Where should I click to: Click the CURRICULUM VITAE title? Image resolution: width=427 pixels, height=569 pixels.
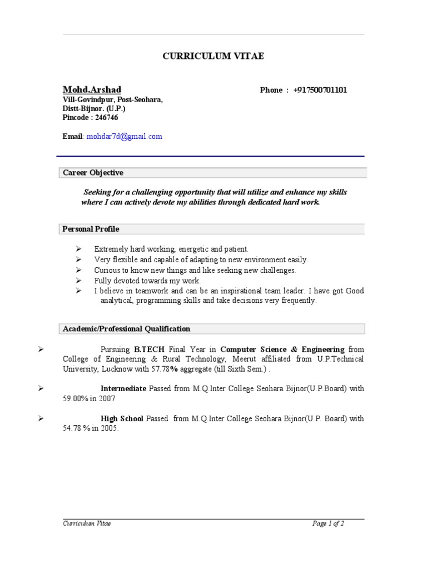(213, 56)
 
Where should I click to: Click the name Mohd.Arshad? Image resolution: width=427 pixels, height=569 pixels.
(92, 90)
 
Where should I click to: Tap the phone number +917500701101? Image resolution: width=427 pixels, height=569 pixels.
(320, 90)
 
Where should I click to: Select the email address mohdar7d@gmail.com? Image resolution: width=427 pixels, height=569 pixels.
(125, 136)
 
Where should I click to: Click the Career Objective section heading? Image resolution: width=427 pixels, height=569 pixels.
(93, 173)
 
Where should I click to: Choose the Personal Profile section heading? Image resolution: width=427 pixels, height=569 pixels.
(91, 229)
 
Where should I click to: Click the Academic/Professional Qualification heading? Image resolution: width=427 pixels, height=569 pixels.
(126, 329)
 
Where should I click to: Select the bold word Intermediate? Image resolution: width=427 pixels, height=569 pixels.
(123, 388)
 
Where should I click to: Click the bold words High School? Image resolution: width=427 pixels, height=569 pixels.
(122, 418)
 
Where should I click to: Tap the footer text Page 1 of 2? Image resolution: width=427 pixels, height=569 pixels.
(328, 523)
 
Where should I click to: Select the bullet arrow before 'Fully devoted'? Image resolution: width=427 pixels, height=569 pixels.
(79, 281)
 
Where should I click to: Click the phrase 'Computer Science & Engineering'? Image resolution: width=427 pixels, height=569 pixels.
(282, 350)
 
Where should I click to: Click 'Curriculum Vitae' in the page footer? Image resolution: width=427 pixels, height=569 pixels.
(87, 523)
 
